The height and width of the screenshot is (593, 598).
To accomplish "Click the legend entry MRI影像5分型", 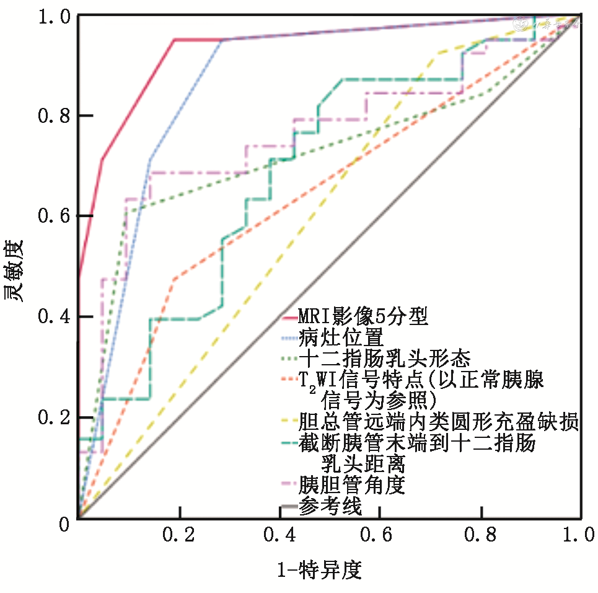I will (363, 317).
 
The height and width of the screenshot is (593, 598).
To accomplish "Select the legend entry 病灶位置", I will (340, 338).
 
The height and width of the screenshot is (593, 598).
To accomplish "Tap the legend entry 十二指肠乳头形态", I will (384, 359).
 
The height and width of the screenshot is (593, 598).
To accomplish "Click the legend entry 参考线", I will (330, 506).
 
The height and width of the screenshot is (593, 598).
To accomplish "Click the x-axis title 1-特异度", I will (319, 569).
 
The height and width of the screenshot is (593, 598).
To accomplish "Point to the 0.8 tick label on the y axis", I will (46, 116).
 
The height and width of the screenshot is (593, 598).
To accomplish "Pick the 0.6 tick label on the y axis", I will (46, 216).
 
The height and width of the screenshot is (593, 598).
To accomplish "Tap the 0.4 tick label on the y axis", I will (46, 317).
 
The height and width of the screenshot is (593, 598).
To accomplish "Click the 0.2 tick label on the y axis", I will (46, 417).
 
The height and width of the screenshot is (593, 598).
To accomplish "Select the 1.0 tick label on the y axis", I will (46, 16).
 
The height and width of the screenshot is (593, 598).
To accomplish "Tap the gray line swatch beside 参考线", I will (289, 507).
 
